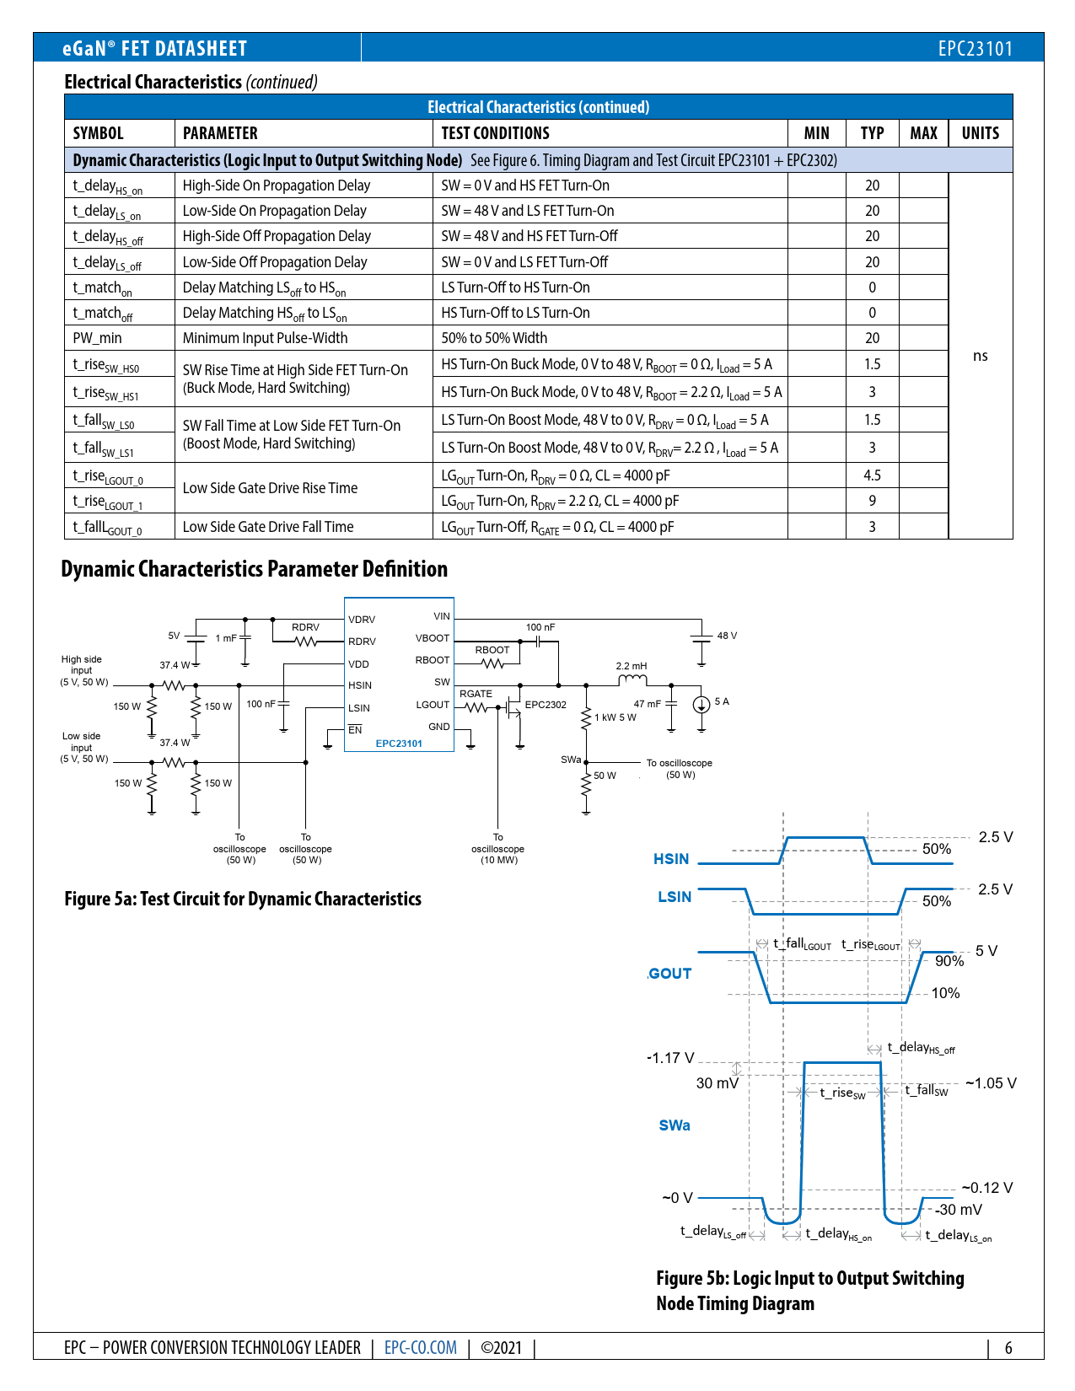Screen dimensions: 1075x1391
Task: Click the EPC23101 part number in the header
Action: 975,49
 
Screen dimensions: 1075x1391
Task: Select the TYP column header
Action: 872,133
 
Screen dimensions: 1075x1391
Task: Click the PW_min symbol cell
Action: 97,338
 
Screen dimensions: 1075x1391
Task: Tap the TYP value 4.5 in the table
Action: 872,475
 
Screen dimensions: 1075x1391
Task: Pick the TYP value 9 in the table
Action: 872,501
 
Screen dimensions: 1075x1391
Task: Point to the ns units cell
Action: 980,356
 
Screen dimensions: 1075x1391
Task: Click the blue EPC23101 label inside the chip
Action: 398,744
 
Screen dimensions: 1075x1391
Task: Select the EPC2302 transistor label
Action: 546,704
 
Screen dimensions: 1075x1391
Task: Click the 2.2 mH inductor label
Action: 631,666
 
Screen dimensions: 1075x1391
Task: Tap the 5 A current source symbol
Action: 701,704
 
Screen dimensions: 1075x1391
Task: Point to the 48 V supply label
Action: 727,636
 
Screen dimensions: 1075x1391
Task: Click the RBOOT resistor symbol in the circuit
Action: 492,663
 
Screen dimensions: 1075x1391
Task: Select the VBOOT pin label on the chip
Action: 433,638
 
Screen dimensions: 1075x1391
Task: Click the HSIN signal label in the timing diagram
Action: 671,858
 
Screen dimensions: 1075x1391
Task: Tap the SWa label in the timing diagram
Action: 675,1125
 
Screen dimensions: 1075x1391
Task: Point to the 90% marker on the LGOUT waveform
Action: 949,960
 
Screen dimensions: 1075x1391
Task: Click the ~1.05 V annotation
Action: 991,1082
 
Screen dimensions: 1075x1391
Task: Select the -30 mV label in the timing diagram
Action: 958,1209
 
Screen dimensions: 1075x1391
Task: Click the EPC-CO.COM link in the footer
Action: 420,1347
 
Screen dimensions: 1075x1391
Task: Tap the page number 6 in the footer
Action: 1008,1347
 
